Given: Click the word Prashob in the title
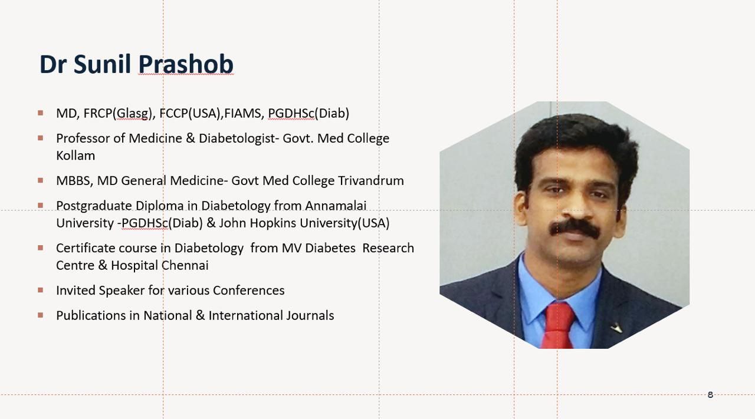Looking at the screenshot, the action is tap(186, 64).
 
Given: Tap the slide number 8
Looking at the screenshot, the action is tap(710, 394).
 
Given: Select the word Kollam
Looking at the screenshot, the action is tap(75, 156).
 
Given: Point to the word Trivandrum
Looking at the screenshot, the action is tap(371, 180).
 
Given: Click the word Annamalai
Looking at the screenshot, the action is tap(336, 206).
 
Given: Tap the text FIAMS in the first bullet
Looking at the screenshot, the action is tap(242, 114).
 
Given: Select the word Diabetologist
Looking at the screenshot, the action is tap(237, 138).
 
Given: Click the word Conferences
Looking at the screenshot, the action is tap(249, 291).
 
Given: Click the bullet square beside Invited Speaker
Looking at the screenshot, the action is tap(41, 290).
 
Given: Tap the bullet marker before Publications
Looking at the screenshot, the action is tap(41, 315).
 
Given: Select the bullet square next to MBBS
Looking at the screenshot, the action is tap(41, 180).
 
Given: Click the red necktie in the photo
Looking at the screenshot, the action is tap(558, 326).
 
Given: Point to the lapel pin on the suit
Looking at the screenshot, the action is tap(616, 328).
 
